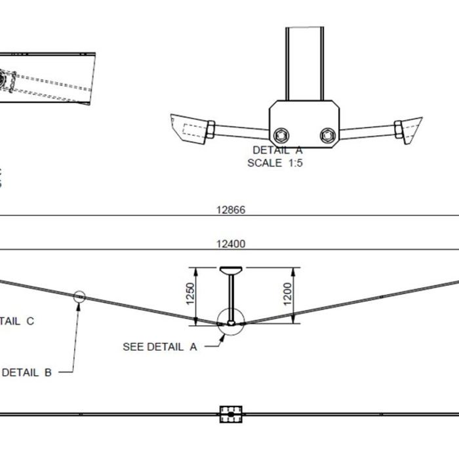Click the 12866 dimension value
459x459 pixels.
click(230, 210)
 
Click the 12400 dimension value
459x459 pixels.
click(230, 244)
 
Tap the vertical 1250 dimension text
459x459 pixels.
click(191, 294)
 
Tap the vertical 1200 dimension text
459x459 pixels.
click(287, 294)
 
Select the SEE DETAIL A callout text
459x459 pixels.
click(159, 347)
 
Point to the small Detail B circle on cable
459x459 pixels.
click(79, 296)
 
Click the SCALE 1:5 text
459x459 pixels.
click(275, 163)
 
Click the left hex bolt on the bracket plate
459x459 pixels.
click(282, 135)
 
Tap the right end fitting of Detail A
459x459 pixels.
click(408, 129)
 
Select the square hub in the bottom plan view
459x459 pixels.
click(231, 414)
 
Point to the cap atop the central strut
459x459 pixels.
click(231, 269)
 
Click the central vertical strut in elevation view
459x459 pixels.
click(231, 295)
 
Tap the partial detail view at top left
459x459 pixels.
click(46, 77)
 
